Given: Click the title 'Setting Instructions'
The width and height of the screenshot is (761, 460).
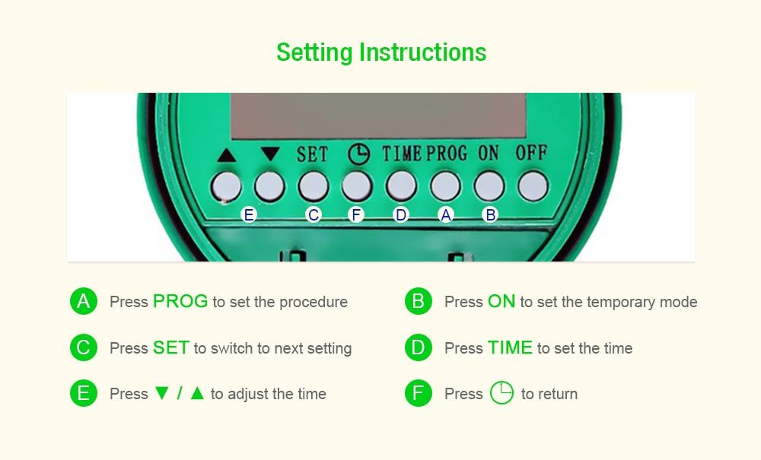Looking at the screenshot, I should pos(380,52).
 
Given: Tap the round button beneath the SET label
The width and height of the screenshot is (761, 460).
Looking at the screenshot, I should pos(313,186).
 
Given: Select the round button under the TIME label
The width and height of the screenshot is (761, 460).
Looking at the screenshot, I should pos(401,186).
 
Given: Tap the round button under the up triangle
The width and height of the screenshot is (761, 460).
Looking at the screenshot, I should pos(226,186).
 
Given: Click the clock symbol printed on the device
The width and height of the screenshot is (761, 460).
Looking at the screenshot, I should pos(358,154).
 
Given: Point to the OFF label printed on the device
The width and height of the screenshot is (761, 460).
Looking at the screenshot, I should pos(531,153).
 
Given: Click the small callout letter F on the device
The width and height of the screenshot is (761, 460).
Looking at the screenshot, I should pos(356,215).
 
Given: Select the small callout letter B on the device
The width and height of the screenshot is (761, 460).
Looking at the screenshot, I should pos(491,215).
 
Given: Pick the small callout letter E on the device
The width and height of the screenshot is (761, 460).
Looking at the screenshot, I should pos(248,215).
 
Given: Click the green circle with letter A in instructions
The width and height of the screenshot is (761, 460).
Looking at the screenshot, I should pos(84,302).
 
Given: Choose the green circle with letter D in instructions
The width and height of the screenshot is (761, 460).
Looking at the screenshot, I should pos(418,348).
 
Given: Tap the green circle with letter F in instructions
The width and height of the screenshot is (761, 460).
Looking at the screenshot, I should pos(418,394).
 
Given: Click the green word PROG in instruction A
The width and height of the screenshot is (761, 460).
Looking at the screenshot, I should pos(180,302).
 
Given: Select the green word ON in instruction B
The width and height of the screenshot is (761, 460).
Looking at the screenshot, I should pos(501,302).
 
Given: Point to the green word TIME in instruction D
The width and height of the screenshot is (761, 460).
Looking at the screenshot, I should pos(510,348).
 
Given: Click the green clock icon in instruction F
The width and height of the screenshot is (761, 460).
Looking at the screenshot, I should pos(501,393).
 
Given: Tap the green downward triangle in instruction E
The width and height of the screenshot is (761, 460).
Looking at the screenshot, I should pos(161,394).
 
